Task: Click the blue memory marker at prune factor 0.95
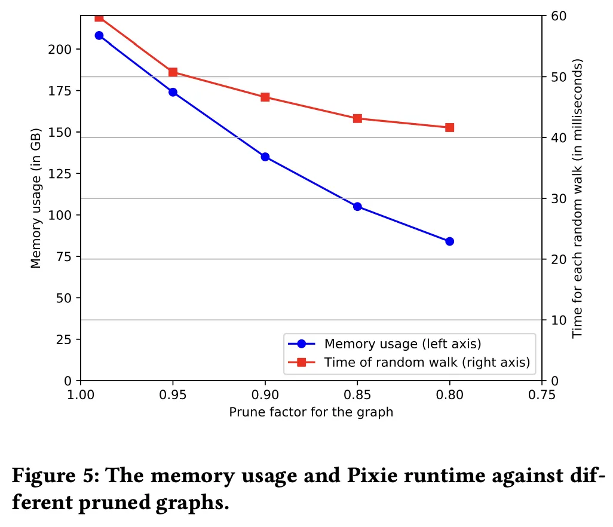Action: click(x=173, y=92)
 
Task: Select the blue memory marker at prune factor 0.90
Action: click(x=265, y=157)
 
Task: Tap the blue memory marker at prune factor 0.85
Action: click(x=357, y=206)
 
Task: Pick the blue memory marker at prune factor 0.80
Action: click(x=449, y=241)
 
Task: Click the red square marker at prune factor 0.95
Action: click(x=173, y=72)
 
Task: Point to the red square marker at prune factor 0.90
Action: click(x=265, y=97)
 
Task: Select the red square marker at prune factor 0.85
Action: click(x=357, y=118)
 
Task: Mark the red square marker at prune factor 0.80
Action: click(x=449, y=127)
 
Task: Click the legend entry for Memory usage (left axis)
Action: click(x=402, y=344)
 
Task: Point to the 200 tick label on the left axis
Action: click(x=60, y=49)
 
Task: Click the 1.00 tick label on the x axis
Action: click(x=81, y=394)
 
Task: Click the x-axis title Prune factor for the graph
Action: click(x=311, y=412)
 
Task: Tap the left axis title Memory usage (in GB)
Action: click(x=36, y=198)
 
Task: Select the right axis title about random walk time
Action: click(x=577, y=198)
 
